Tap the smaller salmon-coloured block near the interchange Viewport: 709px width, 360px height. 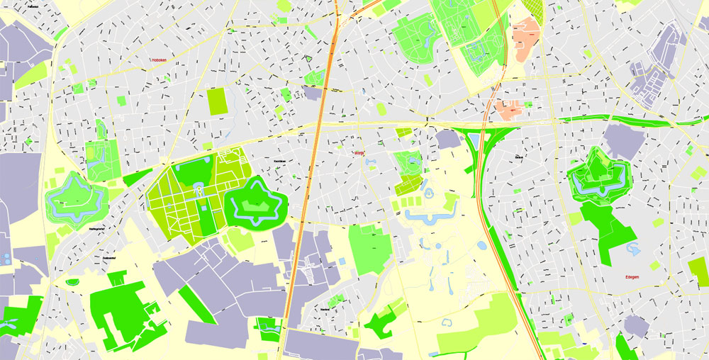(x=508, y=110)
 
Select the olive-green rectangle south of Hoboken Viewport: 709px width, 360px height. (x=217, y=101)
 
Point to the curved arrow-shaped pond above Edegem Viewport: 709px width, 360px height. (x=632, y=249)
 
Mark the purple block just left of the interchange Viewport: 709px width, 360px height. (x=448, y=139)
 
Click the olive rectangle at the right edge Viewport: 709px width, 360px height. (x=698, y=271)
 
